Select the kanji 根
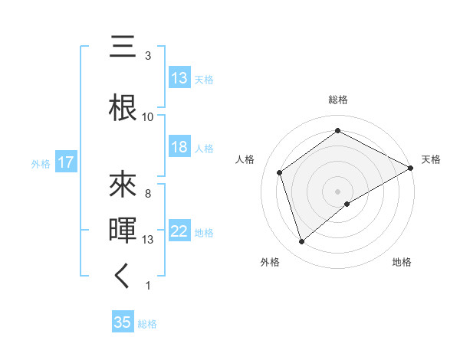tap(123, 106)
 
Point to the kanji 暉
tap(123, 229)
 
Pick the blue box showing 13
tap(179, 78)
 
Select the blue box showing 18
tap(179, 148)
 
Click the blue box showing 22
tap(179, 231)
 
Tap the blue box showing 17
tap(65, 162)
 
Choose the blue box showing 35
tap(123, 322)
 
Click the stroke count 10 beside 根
tap(148, 116)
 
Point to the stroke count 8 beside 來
tap(148, 193)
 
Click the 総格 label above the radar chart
tap(338, 100)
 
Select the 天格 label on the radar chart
tap(431, 159)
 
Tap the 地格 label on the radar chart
tap(402, 263)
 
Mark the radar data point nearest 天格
tap(411, 167)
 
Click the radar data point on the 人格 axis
tap(280, 172)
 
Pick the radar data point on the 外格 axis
tap(302, 242)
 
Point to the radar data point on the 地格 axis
tap(347, 204)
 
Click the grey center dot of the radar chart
tap(338, 191)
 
